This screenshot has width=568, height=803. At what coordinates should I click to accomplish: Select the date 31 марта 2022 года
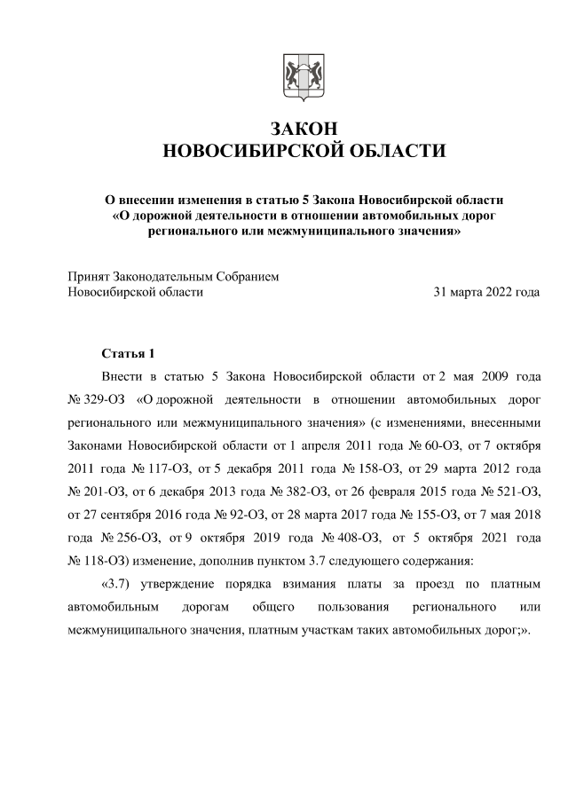(x=485, y=291)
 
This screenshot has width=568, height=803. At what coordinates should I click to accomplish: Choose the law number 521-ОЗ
(x=514, y=490)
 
